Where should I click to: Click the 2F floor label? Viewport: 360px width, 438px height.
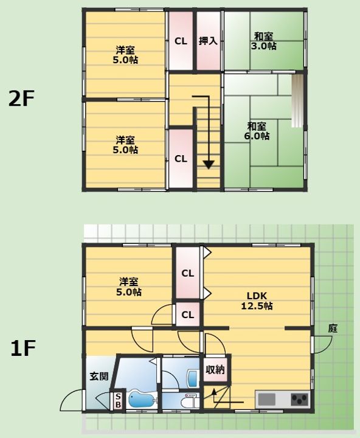[21, 99]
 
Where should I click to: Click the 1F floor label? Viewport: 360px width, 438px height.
[23, 348]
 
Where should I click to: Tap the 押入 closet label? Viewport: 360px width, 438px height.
[208, 41]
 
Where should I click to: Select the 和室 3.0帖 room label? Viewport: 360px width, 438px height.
[264, 41]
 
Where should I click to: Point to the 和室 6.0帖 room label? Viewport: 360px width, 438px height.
[257, 131]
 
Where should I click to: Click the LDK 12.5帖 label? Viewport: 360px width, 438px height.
[257, 301]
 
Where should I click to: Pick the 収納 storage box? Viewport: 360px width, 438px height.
[215, 370]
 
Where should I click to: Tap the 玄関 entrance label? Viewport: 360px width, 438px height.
[99, 377]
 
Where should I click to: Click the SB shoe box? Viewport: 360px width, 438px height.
[118, 400]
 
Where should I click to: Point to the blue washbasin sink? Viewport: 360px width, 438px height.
[193, 378]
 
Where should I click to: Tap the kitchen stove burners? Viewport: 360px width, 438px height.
[300, 400]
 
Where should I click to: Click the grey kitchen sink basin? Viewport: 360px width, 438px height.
[266, 400]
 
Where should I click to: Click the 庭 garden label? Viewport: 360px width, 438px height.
[333, 328]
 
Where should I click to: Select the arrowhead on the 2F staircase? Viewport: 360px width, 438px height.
[209, 165]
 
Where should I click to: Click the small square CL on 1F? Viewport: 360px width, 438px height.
[187, 315]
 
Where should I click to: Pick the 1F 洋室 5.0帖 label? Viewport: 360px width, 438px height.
[129, 287]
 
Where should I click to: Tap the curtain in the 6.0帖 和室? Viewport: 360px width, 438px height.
[297, 100]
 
